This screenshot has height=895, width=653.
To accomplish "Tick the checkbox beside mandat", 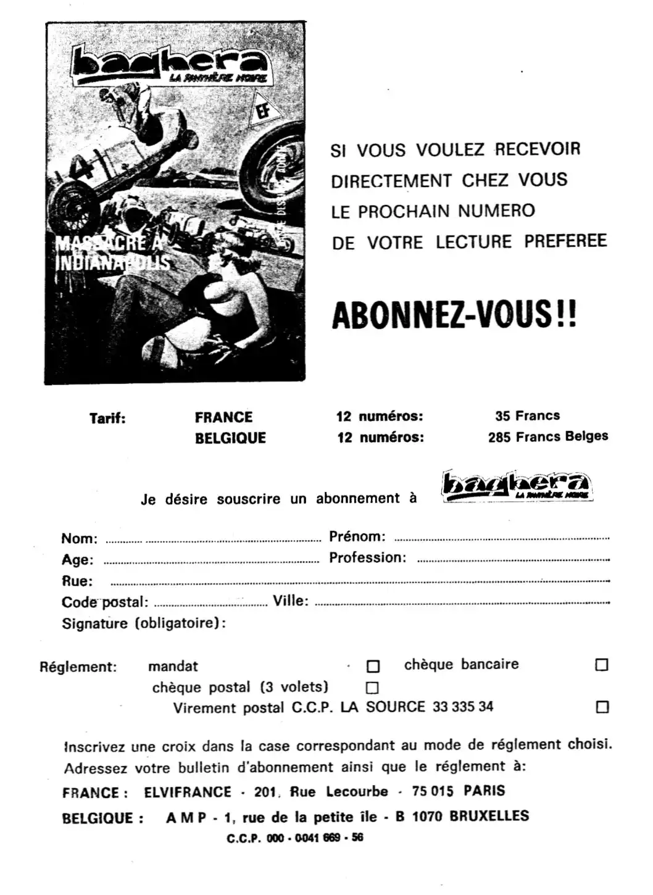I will coord(373,667).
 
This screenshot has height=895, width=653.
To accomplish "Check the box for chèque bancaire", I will coord(602,665).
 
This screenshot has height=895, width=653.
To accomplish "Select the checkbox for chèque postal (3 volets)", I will coord(372,688).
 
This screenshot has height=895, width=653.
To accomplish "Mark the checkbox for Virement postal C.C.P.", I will coord(602,707).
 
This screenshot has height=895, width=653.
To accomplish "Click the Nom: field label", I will coord(79,538).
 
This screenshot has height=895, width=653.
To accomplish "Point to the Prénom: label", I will coord(357,536).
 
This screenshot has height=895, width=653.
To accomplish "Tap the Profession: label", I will coord(367,558).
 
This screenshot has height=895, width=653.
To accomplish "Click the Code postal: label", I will coord(104,602).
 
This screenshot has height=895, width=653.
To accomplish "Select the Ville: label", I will coord(290,601).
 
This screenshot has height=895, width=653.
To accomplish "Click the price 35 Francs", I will coord(527,416).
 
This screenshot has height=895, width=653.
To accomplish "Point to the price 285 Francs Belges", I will coord(547,437).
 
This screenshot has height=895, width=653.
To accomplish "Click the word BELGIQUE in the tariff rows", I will coord(230,438).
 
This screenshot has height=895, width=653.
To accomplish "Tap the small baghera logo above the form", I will coord(517,486).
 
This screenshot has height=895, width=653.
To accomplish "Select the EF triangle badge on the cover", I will coord(267,111).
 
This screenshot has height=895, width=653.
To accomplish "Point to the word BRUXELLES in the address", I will coord(489,816).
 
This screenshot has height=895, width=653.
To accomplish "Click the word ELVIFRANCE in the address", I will coord(188,792).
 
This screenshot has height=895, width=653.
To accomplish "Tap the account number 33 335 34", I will coord(462,707).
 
